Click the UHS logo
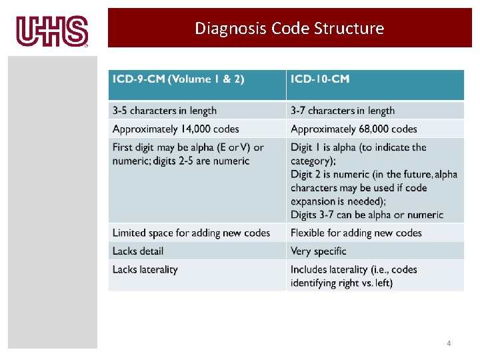tap(52, 31)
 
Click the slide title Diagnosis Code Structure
tap(289, 28)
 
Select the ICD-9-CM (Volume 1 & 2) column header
tap(179, 79)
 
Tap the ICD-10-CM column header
tap(320, 79)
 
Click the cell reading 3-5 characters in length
tap(165, 111)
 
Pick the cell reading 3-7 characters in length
tap(343, 111)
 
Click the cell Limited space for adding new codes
tap(191, 233)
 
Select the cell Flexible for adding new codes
tap(356, 233)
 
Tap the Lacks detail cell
tap(138, 251)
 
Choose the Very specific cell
tap(319, 251)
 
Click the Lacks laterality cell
tap(145, 269)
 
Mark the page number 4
tap(449, 343)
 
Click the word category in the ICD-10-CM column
tap(311, 161)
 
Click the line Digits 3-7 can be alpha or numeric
tap(367, 215)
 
